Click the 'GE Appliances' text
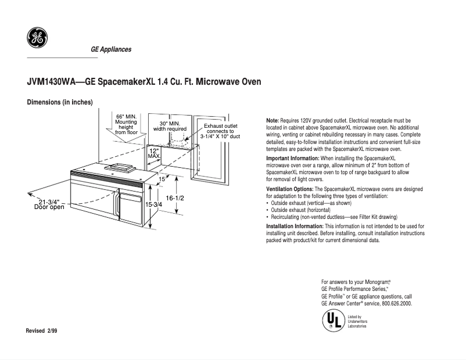click(x=111, y=49)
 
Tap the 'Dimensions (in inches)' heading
click(x=60, y=102)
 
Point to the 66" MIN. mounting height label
click(x=126, y=124)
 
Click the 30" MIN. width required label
click(x=169, y=126)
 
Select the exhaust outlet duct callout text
click(x=220, y=131)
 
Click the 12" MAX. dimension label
click(x=154, y=153)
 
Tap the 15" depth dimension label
click(x=162, y=179)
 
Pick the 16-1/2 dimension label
click(x=175, y=199)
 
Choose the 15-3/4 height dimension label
click(x=153, y=205)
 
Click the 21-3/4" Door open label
click(x=49, y=204)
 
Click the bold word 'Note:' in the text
click(x=273, y=120)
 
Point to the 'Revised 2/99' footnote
click(x=42, y=330)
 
